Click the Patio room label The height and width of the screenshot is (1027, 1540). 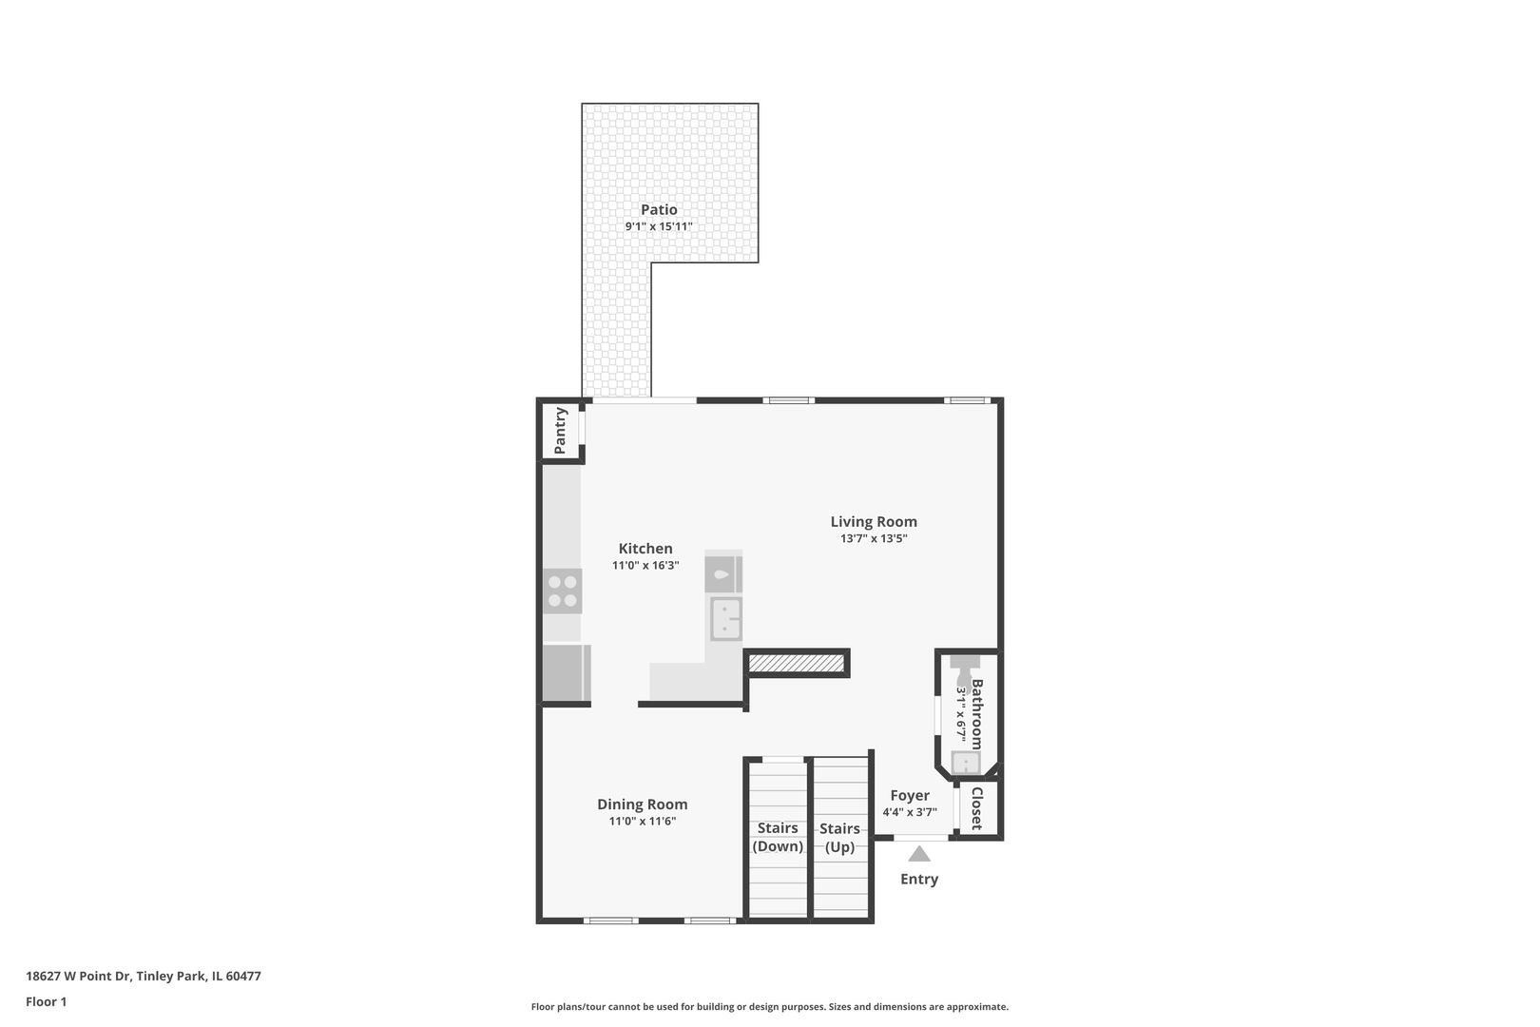point(659,210)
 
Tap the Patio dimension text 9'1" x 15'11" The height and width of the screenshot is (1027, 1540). point(659,226)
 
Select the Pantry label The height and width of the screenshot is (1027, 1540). point(560,431)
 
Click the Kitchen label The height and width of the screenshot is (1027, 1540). point(645,549)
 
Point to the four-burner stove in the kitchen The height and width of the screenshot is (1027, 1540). point(563,591)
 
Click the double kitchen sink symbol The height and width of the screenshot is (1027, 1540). point(726,619)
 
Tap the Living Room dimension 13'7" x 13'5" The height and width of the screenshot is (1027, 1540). point(874,538)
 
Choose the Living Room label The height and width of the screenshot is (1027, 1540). point(874,522)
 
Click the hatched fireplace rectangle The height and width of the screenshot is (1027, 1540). point(796,663)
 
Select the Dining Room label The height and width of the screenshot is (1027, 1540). point(642,804)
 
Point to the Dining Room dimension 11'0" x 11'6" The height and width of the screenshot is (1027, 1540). point(642,822)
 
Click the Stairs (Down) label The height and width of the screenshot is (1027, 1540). point(778,837)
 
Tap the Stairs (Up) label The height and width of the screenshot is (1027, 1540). point(839,838)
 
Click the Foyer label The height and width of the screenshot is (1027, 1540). point(910,796)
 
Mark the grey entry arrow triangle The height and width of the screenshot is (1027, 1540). point(919,854)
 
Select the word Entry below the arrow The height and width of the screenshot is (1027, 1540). point(919,879)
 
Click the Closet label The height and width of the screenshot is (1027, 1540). point(976,808)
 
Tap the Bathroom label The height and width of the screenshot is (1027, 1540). point(976,714)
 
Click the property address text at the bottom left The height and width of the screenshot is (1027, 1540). point(144,976)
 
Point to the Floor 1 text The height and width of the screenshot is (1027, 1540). point(46,1001)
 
